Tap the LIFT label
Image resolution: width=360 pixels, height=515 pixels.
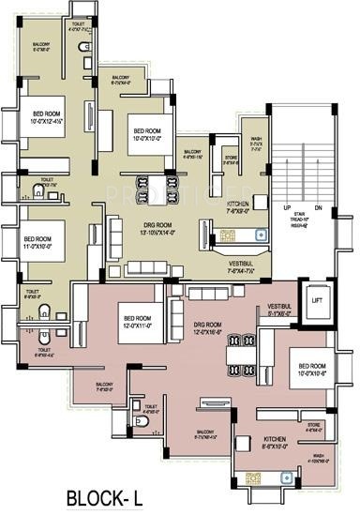(317, 300)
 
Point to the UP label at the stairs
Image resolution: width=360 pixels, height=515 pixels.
(286, 207)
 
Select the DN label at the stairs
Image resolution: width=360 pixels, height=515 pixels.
(318, 207)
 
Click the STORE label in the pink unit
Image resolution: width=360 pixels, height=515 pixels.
(313, 426)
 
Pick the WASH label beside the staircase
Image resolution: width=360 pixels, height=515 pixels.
(255, 144)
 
